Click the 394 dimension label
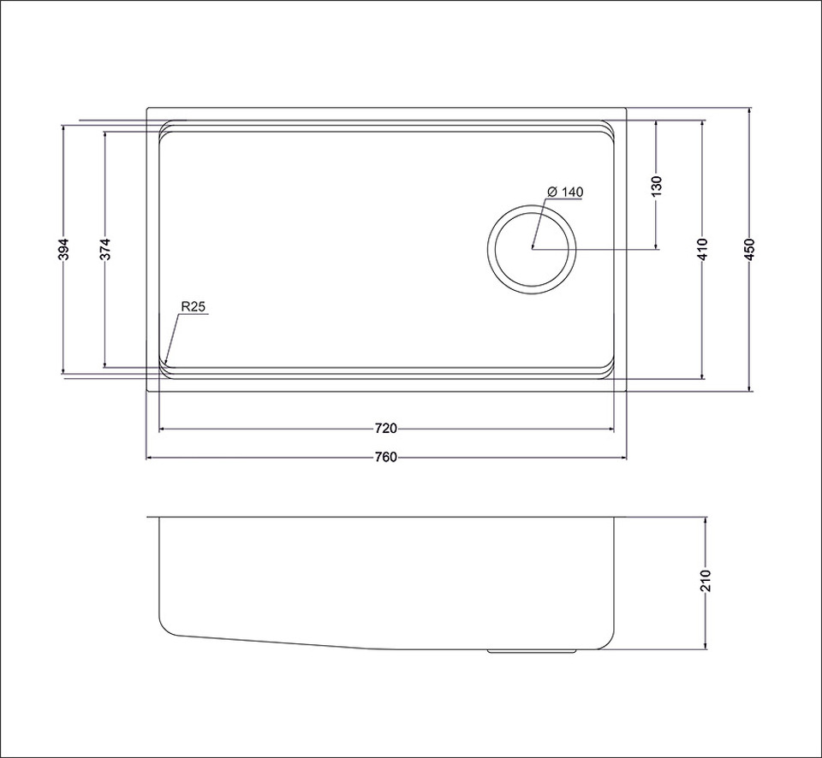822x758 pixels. pyautogui.click(x=63, y=249)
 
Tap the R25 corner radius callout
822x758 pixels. pyautogui.click(x=193, y=307)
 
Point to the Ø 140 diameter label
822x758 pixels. pyautogui.click(x=564, y=192)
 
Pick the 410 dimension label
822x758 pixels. pyautogui.click(x=702, y=249)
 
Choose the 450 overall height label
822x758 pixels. pyautogui.click(x=749, y=249)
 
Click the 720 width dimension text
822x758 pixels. pyautogui.click(x=386, y=429)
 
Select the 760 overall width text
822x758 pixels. pyautogui.click(x=386, y=458)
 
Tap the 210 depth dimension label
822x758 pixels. pyautogui.click(x=706, y=580)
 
